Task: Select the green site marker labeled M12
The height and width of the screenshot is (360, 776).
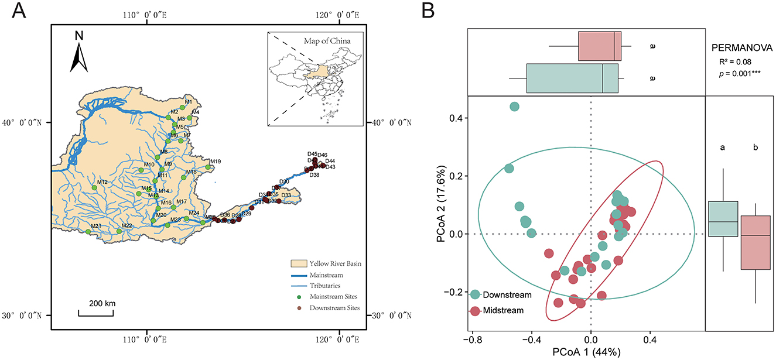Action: pyautogui.click(x=94, y=188)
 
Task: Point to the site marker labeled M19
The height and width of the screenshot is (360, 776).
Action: pyautogui.click(x=207, y=167)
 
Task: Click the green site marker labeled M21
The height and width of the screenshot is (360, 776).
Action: pyautogui.click(x=88, y=232)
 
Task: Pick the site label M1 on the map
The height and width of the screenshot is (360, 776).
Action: pyautogui.click(x=188, y=102)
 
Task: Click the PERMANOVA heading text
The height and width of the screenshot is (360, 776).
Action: pyautogui.click(x=740, y=46)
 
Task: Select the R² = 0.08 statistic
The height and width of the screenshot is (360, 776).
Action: pyautogui.click(x=735, y=61)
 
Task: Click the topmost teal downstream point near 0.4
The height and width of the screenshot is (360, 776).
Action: pyautogui.click(x=514, y=107)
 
